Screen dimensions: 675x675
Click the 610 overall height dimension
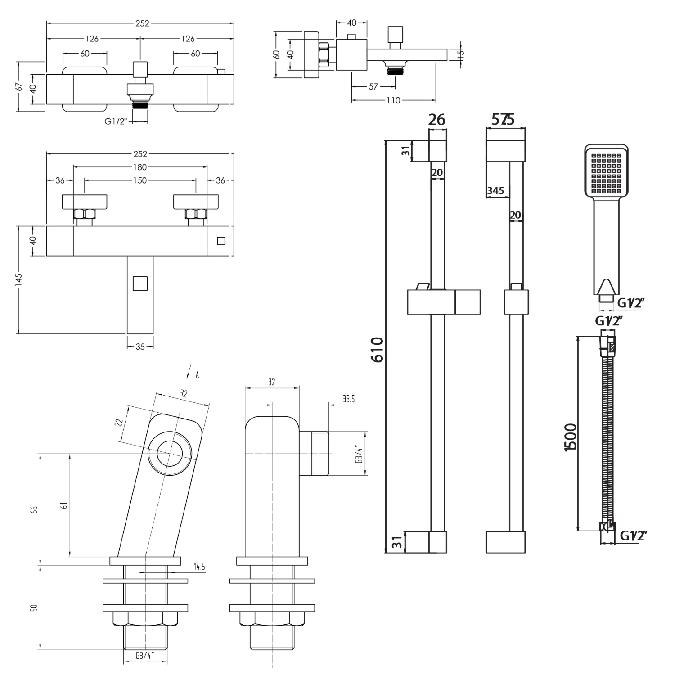click(x=377, y=349)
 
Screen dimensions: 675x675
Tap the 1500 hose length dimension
click(x=571, y=436)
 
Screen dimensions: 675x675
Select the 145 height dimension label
click(x=18, y=279)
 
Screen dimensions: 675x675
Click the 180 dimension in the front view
click(x=140, y=167)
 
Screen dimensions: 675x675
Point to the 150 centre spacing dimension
click(x=140, y=180)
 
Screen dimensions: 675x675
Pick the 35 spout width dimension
click(x=140, y=346)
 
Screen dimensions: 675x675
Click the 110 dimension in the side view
click(x=393, y=100)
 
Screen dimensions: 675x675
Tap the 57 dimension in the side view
click(x=373, y=87)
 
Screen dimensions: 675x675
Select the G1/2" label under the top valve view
click(x=116, y=121)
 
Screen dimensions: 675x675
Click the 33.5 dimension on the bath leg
click(x=348, y=399)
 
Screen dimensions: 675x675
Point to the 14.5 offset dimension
click(x=199, y=567)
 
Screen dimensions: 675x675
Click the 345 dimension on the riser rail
click(x=495, y=191)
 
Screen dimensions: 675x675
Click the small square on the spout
click(x=140, y=283)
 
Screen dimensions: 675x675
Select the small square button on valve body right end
click(x=221, y=241)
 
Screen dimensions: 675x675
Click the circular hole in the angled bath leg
click(x=170, y=453)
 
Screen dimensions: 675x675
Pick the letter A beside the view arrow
click(x=197, y=375)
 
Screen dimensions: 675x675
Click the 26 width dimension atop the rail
click(x=436, y=120)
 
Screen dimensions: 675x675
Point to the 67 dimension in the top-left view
click(x=19, y=86)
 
